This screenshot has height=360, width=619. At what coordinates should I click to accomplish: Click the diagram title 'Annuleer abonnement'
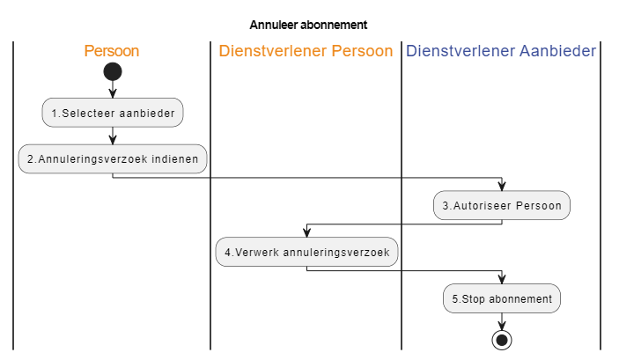point(308,25)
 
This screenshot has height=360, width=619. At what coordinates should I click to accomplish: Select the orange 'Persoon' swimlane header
point(112,51)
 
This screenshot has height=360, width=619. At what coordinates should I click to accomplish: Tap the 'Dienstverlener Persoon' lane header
point(306,51)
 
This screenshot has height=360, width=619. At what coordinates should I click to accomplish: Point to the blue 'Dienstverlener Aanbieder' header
point(501,51)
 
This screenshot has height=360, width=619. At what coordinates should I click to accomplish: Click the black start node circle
point(113,72)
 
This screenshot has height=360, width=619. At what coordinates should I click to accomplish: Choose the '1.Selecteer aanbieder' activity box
point(113,113)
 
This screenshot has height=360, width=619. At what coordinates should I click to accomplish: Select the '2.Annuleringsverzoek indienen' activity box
point(113,159)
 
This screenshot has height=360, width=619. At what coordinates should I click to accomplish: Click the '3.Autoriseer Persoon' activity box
point(502,206)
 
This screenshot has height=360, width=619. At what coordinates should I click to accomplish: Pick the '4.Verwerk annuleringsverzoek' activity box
point(306,253)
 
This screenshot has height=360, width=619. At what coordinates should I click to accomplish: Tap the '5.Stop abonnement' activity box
point(502,298)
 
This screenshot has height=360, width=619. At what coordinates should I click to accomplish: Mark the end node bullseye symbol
point(502,340)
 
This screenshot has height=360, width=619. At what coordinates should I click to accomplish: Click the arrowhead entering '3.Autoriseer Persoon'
point(502,187)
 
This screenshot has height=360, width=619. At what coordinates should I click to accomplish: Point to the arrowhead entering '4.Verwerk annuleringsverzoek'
point(306,232)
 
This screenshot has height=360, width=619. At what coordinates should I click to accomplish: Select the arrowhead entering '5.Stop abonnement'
point(502,279)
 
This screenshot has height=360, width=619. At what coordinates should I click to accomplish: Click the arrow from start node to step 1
point(113,90)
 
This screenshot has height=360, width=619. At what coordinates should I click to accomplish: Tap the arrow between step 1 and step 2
point(113,136)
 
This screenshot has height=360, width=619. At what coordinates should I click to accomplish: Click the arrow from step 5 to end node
point(502,321)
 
